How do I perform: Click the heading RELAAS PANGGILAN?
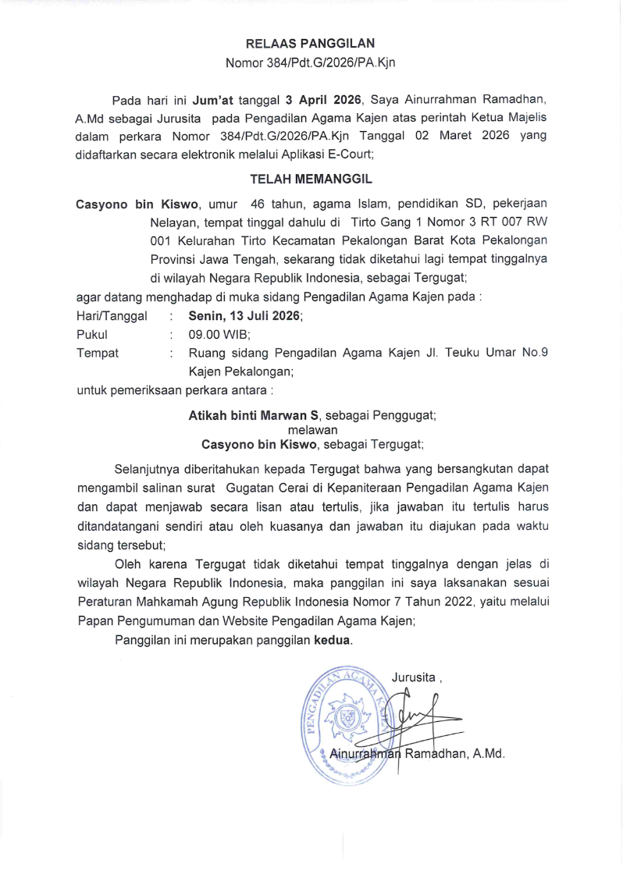[x=311, y=44]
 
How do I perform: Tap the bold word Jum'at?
[x=214, y=101]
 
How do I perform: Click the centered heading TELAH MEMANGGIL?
[x=311, y=180]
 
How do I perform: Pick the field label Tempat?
[x=98, y=353]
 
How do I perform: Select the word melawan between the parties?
[x=312, y=430]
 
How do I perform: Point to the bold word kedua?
[x=333, y=641]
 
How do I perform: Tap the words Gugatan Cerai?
[x=268, y=489]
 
